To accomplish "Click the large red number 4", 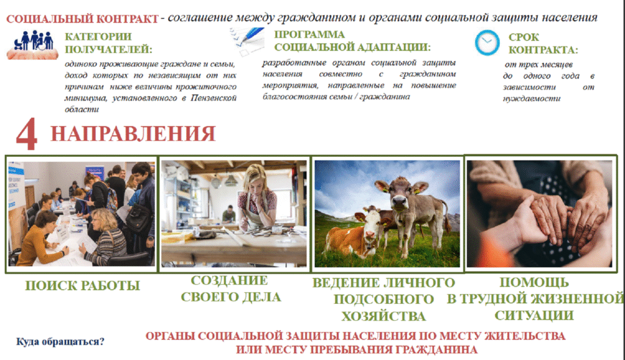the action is tap(27, 134).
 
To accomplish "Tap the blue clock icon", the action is tap(486, 43).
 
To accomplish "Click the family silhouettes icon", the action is tap(33, 45).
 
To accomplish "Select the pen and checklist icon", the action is tap(247, 41).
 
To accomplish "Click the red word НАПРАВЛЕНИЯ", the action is tap(133, 134).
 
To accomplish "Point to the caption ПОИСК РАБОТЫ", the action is tap(82, 286).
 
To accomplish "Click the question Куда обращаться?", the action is tap(60, 342).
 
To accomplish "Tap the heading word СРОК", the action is tap(523, 37).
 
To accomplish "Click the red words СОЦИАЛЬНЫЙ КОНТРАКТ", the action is tap(82, 19).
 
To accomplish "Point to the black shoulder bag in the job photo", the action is tap(139, 218).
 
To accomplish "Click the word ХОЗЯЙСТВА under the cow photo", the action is tap(383, 316).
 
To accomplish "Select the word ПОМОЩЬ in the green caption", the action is tap(534, 283).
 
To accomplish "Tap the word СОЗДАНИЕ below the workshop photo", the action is tap(229, 280).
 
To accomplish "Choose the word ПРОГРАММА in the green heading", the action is tap(309, 34).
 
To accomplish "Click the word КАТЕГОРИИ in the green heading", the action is tap(98, 37).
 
